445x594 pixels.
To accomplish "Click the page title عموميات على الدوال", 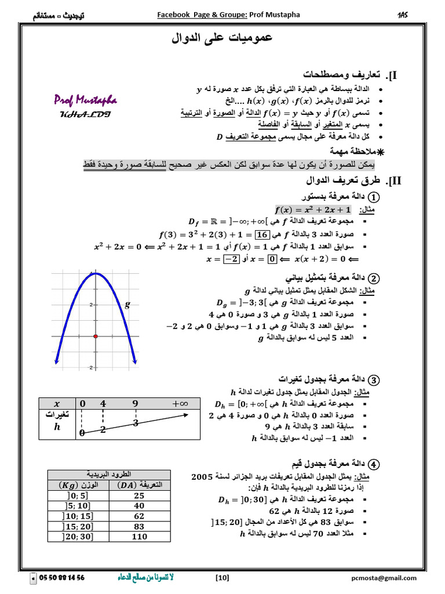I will (x=222, y=39).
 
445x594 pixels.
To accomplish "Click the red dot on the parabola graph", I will (x=95, y=336).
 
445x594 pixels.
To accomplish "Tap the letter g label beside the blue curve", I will (x=127, y=303).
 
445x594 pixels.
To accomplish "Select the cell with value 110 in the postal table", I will (x=139, y=537).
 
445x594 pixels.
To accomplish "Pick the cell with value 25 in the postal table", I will (x=139, y=495).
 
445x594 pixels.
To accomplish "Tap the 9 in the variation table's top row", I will (x=135, y=403).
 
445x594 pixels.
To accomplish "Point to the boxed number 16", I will (x=261, y=234).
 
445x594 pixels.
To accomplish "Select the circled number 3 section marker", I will (x=374, y=381).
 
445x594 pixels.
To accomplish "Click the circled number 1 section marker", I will (x=374, y=197).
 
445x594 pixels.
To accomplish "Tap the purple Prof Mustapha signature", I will (x=86, y=100).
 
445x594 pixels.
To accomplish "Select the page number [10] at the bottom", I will (x=222, y=578).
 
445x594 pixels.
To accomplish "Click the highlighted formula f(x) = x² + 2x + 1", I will (x=312, y=209).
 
